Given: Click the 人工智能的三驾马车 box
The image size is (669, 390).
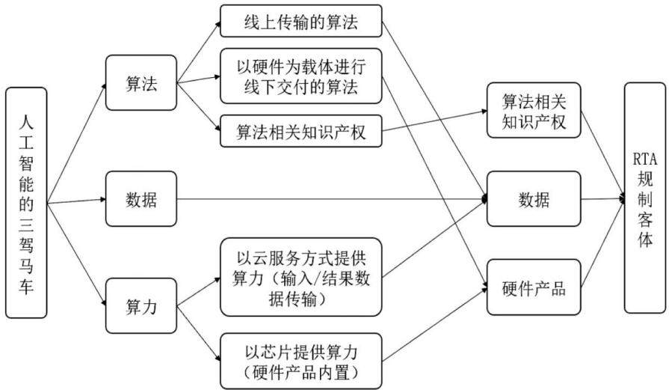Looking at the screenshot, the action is coord(26,203).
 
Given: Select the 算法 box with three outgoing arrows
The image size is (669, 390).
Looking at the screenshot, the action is coord(141,82).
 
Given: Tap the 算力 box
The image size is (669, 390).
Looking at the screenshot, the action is coord(141,306).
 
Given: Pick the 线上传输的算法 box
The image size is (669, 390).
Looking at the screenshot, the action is coord(300,21).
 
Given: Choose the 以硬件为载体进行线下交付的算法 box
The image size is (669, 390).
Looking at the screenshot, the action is coord(300,76).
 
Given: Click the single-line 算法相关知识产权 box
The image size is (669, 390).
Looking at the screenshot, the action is coord(300,131).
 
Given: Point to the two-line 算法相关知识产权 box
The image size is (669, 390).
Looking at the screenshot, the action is coord(534,110).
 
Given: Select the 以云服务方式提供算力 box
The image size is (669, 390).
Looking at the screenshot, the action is coord(300,277).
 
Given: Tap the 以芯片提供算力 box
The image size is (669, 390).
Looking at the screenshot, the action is coord(300,361).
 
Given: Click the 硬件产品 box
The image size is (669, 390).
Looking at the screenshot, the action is coord(534,287).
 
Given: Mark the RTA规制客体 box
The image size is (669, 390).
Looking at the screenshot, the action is coord(645,198).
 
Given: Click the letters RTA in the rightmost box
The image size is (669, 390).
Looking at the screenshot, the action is coord(645,159).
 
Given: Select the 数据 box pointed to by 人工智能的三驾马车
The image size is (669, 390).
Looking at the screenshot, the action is coord(141,198).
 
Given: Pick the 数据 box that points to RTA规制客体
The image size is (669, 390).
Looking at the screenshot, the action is coord(534,198).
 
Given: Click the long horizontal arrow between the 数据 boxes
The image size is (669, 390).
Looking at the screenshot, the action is coord(332,198).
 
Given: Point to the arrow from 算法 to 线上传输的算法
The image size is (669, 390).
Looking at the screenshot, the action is coord(199,52).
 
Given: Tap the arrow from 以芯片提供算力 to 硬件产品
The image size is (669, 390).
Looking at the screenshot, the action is coord(435,325).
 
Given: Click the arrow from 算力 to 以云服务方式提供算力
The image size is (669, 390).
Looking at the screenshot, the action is coord(199,292).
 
